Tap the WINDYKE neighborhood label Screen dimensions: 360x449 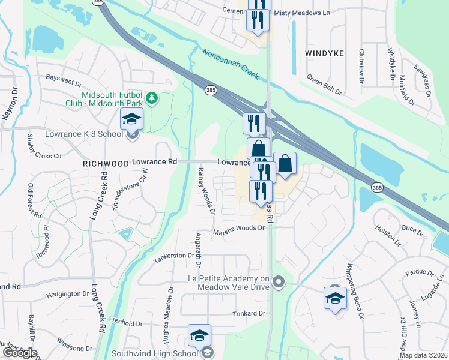pos(324,53)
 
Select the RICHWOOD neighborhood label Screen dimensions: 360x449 pos(106,163)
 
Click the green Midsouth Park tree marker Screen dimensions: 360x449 pos(152,97)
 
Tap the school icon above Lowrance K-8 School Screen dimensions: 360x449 pos(131,118)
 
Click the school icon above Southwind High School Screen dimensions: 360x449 pos(200,335)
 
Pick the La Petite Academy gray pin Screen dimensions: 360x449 pos(277,281)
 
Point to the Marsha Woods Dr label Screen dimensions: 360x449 pos(239,228)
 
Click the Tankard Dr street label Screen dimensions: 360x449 pos(249,313)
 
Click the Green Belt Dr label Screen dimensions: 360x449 pos(324,85)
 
